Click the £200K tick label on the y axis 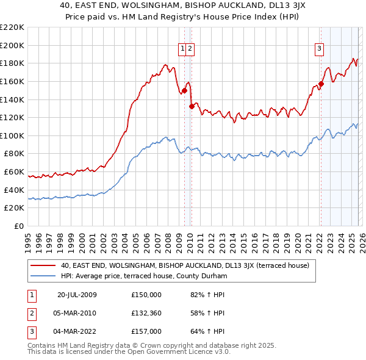(x=12, y=45)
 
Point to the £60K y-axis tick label (x=14, y=172)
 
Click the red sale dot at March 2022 (x=321, y=84)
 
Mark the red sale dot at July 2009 (x=184, y=90)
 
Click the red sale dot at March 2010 (x=191, y=106)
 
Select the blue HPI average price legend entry (x=144, y=276)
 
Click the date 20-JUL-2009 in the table (x=77, y=295)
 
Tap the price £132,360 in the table (x=146, y=313)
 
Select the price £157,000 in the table (x=146, y=331)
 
